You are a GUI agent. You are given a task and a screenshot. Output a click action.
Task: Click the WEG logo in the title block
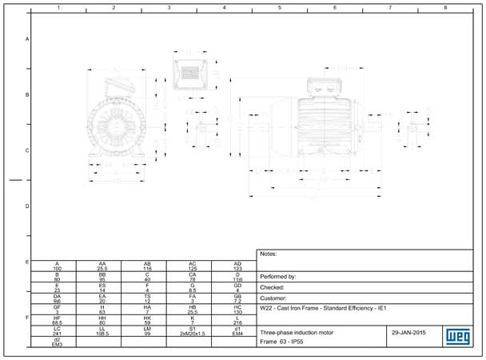tap(452, 335)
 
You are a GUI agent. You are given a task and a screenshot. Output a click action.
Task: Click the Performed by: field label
tap(278, 276)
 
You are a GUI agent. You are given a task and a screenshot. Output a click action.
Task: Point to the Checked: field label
tap(273, 286)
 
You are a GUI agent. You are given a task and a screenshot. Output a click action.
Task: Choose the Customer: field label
tap(275, 298)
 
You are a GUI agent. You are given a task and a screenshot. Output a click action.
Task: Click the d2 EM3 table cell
tap(57, 342)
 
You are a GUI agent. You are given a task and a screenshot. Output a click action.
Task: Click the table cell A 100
tap(57, 266)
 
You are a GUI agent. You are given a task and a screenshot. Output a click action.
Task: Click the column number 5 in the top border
tap(280, 7)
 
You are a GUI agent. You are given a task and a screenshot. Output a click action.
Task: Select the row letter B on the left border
tap(27, 95)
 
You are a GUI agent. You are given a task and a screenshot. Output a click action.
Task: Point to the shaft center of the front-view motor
tap(117, 122)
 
